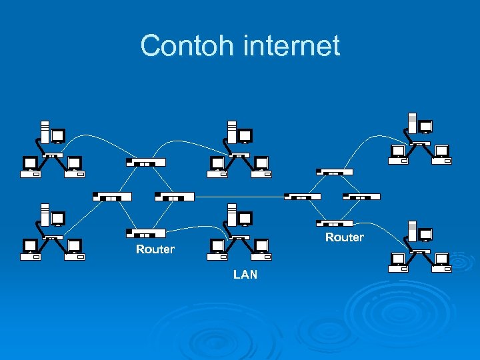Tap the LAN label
click(x=245, y=275)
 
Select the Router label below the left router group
click(x=155, y=249)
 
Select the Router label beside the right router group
click(x=345, y=237)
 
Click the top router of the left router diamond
click(x=145, y=162)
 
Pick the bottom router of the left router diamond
click(x=145, y=233)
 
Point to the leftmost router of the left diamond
click(x=112, y=197)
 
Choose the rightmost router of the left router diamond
click(x=174, y=197)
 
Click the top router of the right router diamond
click(x=335, y=172)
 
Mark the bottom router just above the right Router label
click(x=335, y=223)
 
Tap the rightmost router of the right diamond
click(x=361, y=197)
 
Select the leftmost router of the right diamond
click(x=303, y=197)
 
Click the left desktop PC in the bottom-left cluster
click(x=30, y=249)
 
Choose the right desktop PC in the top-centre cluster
click(x=260, y=167)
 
